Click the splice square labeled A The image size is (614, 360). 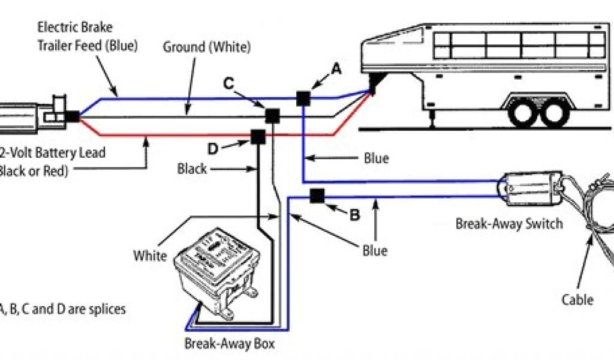(x=303, y=98)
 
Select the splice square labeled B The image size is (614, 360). (x=317, y=196)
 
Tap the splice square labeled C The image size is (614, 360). (x=273, y=115)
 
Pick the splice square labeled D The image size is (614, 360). (x=258, y=137)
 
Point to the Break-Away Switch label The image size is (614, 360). (x=509, y=224)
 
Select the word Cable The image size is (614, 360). (x=577, y=299)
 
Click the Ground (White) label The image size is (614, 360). (x=207, y=46)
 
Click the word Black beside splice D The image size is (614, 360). (x=192, y=169)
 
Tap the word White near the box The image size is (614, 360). (x=150, y=256)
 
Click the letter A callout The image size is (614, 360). (x=336, y=70)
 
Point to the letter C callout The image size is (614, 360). (x=228, y=83)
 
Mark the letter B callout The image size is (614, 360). (x=354, y=215)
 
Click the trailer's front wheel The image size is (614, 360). (x=523, y=112)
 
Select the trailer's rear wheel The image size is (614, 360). (x=553, y=112)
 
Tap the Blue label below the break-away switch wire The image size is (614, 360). (x=375, y=250)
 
